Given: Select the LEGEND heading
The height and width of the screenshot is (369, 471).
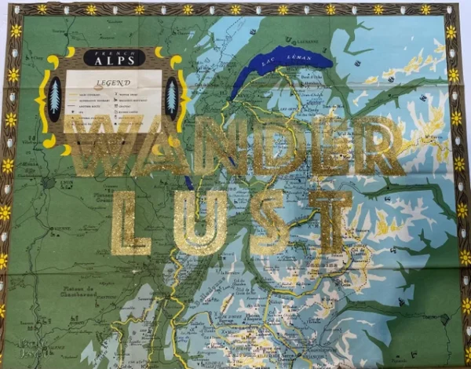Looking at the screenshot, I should pos(113,81).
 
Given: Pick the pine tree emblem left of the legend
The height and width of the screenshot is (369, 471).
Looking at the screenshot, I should pos(54,98).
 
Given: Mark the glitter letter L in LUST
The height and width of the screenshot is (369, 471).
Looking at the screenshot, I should pos(130,225).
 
